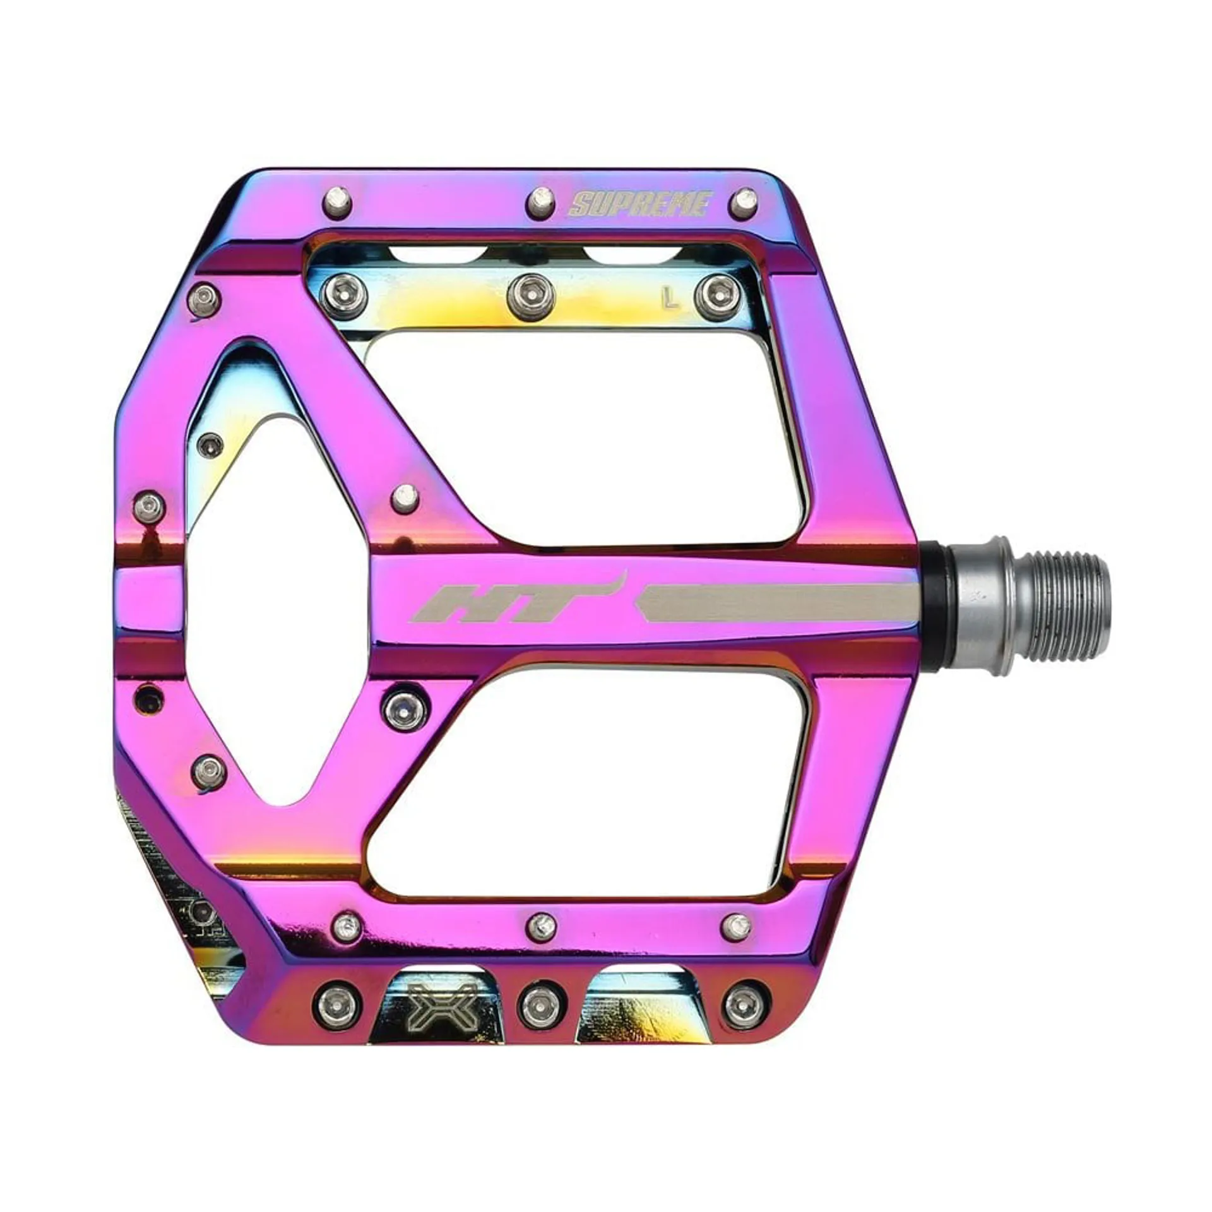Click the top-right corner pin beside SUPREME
pos(746,200)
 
